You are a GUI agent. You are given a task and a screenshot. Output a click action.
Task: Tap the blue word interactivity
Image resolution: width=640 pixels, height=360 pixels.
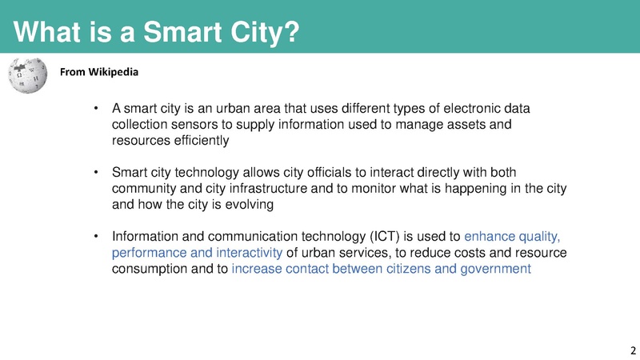(242, 253)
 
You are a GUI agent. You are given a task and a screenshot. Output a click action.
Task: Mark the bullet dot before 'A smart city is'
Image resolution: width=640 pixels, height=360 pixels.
(95, 109)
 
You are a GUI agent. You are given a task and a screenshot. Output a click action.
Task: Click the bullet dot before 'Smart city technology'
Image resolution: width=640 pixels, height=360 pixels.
(95, 173)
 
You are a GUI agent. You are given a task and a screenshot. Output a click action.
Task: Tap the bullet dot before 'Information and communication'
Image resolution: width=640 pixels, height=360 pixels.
(95, 237)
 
